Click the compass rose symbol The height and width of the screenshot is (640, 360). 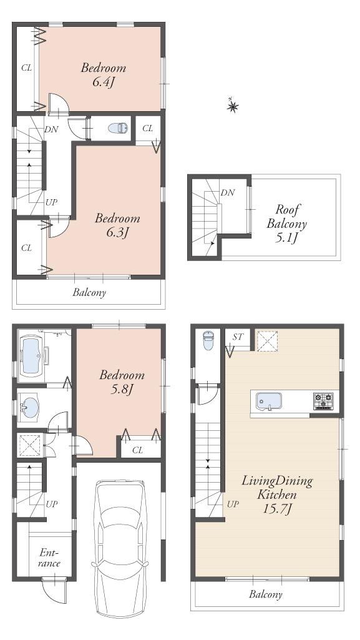click(232, 107)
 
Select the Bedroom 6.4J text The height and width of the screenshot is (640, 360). click(104, 75)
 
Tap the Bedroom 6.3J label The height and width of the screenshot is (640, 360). click(117, 225)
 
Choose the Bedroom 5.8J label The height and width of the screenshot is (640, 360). click(122, 382)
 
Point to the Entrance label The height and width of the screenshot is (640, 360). click(49, 558)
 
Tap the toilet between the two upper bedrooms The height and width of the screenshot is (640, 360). click(117, 129)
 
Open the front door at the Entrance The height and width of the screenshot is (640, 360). click(54, 588)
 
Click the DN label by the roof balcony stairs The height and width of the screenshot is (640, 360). click(228, 193)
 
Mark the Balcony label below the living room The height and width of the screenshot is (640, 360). click(266, 594)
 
